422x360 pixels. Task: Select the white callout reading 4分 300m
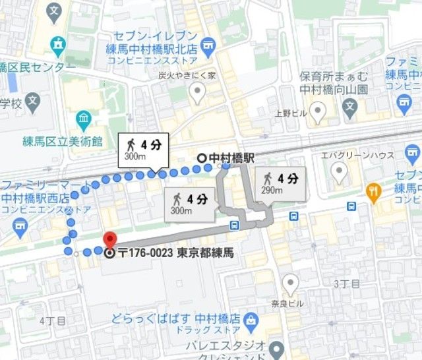pos(143,150)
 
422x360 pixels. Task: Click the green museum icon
pos(84,120)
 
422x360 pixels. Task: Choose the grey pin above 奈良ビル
pos(290,284)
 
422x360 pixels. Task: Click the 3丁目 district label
pos(346,284)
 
